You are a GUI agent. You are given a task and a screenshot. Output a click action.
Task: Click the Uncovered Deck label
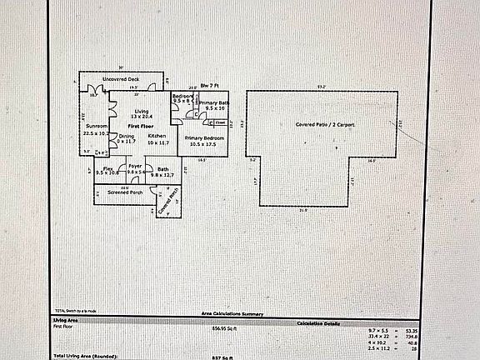tap(120, 78)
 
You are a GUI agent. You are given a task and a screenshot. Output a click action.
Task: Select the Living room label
tap(142, 111)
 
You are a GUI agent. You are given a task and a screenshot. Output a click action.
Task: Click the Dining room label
tap(126, 136)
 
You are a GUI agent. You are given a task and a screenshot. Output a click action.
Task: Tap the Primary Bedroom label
tap(205, 137)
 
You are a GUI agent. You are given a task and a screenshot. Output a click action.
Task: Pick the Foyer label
tap(135, 167)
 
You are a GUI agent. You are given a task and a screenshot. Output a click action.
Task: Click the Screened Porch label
tap(124, 192)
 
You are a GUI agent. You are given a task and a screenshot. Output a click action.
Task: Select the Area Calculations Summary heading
tap(232, 314)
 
